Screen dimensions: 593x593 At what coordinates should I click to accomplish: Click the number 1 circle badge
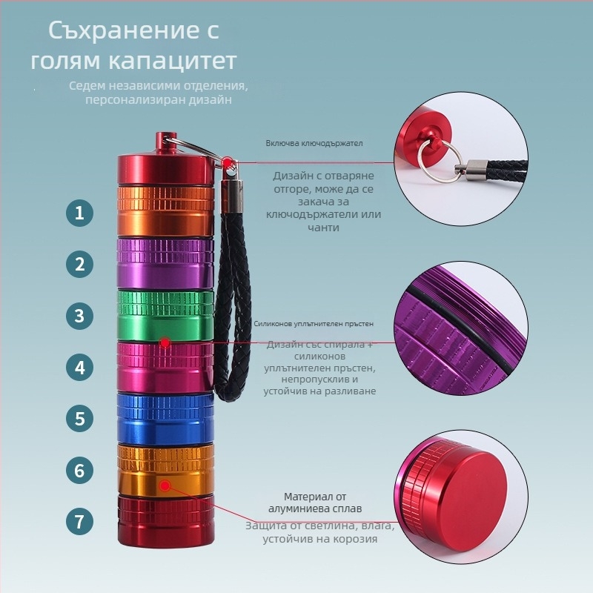pyautogui.click(x=79, y=213)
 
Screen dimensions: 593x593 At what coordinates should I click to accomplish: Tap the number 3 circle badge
pyautogui.click(x=79, y=316)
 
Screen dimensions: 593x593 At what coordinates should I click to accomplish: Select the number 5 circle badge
pyautogui.click(x=79, y=419)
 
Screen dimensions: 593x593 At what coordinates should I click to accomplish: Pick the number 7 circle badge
pyautogui.click(x=79, y=522)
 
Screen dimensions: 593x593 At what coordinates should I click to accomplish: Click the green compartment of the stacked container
pyautogui.click(x=165, y=315)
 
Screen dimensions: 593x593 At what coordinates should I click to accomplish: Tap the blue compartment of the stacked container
pyautogui.click(x=165, y=419)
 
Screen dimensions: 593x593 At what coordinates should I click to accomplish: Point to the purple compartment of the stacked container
pyautogui.click(x=165, y=263)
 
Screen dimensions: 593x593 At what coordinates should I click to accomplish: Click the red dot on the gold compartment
pyautogui.click(x=165, y=486)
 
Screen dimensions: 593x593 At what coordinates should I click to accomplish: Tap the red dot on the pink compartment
pyautogui.click(x=165, y=343)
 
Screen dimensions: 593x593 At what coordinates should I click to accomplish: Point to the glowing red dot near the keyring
pyautogui.click(x=228, y=162)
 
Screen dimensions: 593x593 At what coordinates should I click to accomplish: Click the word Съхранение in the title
pyautogui.click(x=134, y=30)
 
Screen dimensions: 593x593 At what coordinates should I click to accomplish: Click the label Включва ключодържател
pyautogui.click(x=314, y=143)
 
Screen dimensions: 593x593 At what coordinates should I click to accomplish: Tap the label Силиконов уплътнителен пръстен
pyautogui.click(x=314, y=324)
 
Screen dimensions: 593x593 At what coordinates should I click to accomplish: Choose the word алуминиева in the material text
pyautogui.click(x=296, y=508)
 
